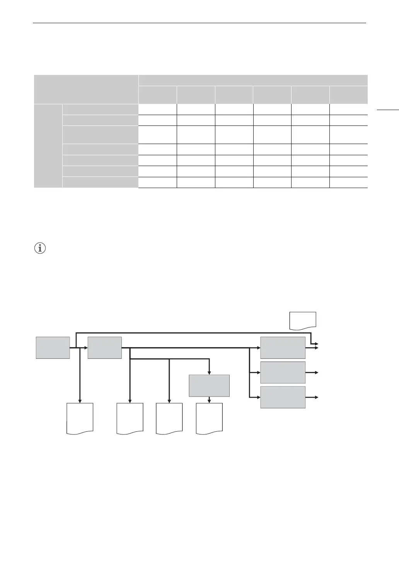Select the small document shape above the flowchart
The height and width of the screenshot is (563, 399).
coord(303,321)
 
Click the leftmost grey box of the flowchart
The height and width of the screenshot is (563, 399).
coord(53,348)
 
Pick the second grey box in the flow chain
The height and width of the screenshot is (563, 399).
coord(105,348)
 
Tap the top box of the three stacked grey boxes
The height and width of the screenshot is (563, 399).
coord(283,348)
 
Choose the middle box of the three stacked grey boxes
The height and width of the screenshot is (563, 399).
coord(283,372)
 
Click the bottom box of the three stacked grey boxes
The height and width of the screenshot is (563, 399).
coord(283,397)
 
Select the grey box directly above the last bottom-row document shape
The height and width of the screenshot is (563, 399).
coord(209,385)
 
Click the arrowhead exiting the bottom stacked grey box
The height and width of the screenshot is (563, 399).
coord(317,397)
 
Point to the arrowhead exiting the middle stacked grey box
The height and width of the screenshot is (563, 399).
coord(317,372)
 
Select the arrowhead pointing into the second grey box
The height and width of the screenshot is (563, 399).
coord(85,348)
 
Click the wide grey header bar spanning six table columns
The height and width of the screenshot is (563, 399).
coord(253,80)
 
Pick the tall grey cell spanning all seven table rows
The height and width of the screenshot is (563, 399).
coord(48,146)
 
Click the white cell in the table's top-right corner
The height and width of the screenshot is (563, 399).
coord(348,109)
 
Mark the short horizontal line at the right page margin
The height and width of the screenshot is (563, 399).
coord(387,111)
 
